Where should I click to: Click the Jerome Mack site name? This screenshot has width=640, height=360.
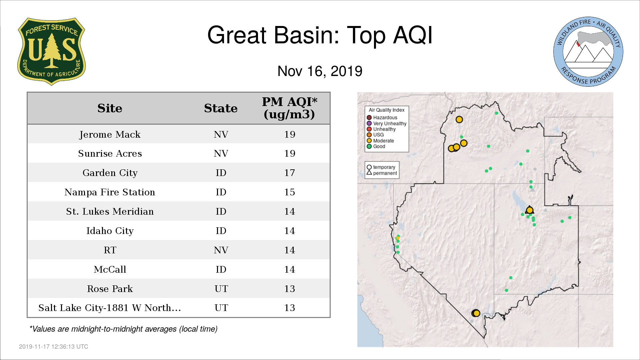click(x=110, y=134)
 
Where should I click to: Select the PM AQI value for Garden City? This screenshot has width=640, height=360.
click(x=289, y=173)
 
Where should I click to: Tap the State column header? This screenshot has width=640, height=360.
click(x=221, y=108)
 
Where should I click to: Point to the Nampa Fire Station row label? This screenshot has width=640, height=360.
click(x=110, y=192)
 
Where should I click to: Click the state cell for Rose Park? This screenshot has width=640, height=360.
click(x=221, y=289)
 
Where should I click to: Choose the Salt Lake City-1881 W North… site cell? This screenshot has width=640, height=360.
click(x=110, y=308)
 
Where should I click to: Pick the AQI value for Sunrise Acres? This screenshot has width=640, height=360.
click(x=289, y=153)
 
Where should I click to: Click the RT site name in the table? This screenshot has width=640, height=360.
click(x=110, y=250)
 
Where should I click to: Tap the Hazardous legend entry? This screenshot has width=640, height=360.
click(x=382, y=118)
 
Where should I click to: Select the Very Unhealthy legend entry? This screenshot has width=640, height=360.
click(x=387, y=123)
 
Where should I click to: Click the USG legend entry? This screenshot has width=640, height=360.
click(x=375, y=135)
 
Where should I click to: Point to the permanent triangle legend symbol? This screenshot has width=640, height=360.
click(x=369, y=173)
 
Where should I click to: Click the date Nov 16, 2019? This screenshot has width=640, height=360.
click(x=320, y=71)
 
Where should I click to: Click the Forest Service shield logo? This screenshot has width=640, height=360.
click(x=51, y=52)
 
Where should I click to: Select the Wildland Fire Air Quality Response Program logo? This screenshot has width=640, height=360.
click(x=588, y=52)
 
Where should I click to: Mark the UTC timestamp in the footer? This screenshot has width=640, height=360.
click(x=54, y=347)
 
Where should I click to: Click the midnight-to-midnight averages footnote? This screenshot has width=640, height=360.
click(x=124, y=329)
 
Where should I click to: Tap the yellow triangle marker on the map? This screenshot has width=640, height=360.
click(x=530, y=210)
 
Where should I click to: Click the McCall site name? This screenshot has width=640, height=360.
click(x=110, y=269)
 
